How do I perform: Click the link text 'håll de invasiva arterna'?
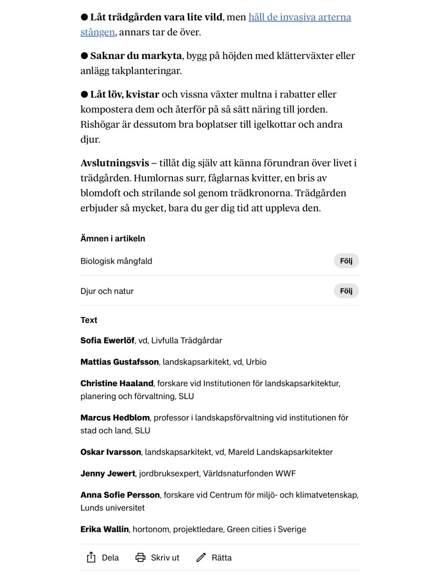click(299, 17)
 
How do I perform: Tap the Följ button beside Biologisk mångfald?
click(346, 261)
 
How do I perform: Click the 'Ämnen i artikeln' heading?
click(113, 238)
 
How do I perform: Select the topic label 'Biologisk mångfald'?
click(116, 261)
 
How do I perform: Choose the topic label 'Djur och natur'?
click(107, 291)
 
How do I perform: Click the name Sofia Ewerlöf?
click(107, 341)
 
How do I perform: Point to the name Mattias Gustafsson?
click(120, 362)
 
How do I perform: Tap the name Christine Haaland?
click(117, 383)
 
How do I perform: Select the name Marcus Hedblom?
click(115, 418)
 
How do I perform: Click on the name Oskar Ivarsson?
click(111, 452)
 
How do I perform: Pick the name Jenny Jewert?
click(108, 474)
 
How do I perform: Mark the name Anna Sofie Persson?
click(120, 495)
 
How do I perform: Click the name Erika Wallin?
click(104, 529)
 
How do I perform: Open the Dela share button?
click(103, 558)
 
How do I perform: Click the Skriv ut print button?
click(158, 558)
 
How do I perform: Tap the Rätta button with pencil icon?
click(214, 558)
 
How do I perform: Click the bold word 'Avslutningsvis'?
click(115, 163)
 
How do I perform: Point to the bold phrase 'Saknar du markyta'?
click(136, 56)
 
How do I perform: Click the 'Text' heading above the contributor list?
click(89, 320)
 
